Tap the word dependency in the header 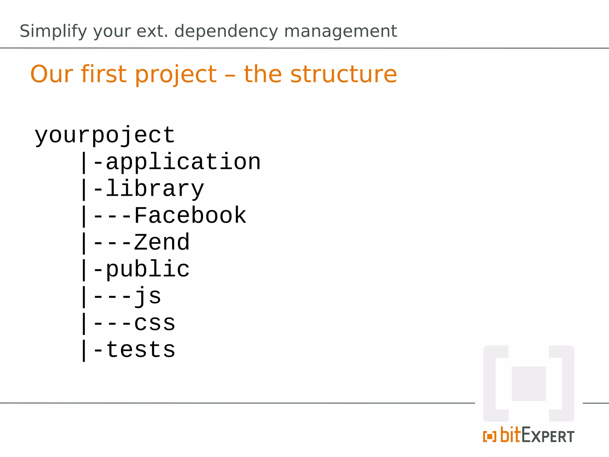pos(226,31)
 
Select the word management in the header pos(340,31)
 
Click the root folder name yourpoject pos(105,135)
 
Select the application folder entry pos(183,162)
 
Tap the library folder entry pos(155,189)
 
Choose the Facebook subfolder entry pos(190,215)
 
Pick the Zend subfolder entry pos(161,242)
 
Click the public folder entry pos(147,269)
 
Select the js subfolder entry pos(147,296)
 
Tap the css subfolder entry pos(155,323)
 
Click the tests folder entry pos(140,350)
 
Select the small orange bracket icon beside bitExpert pos(489,436)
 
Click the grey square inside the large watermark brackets pos(529,384)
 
